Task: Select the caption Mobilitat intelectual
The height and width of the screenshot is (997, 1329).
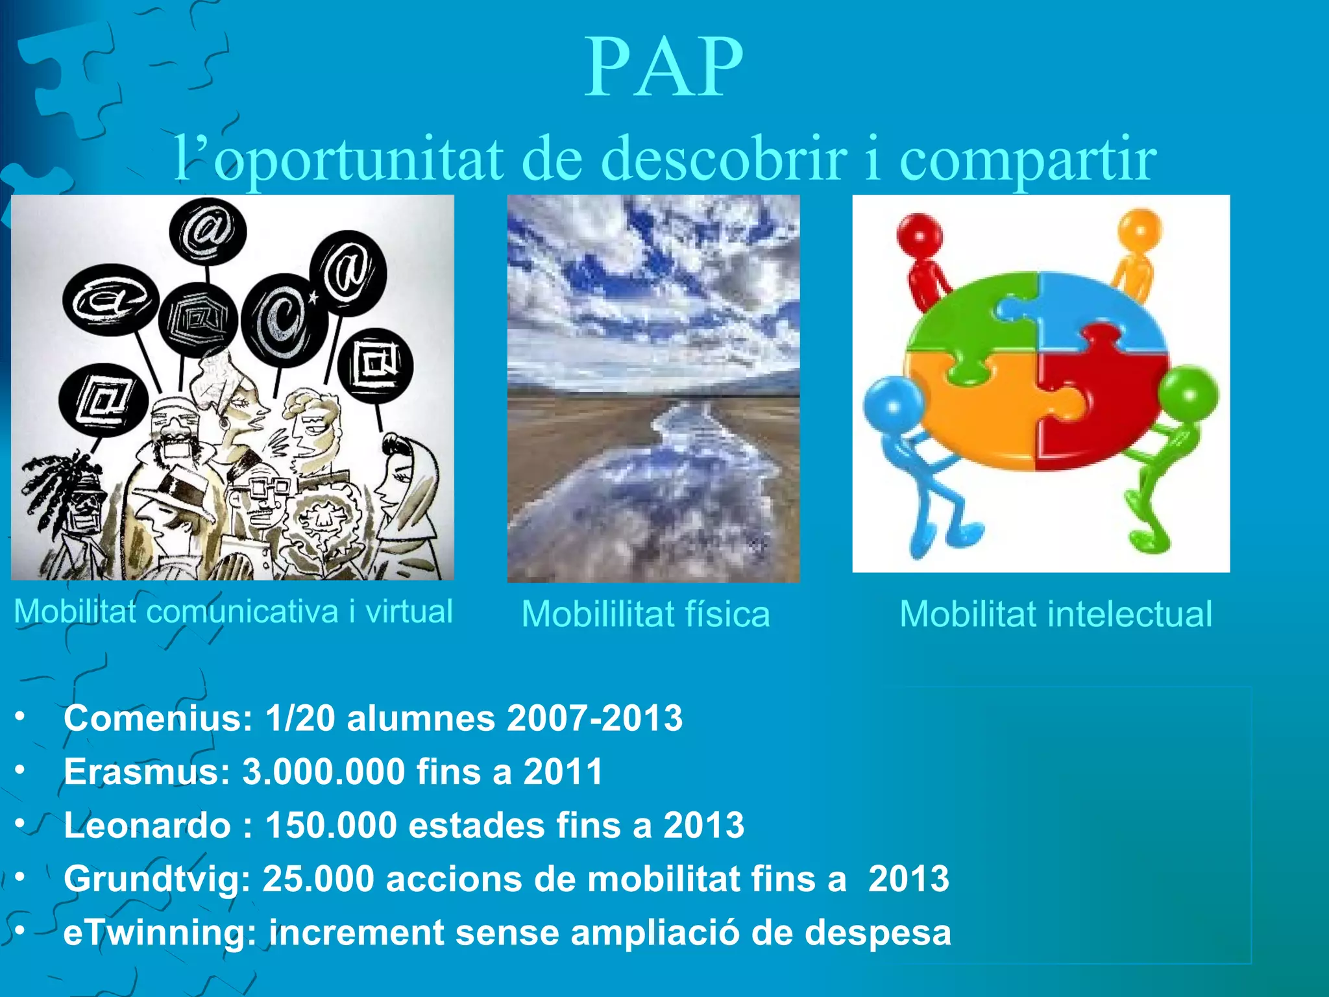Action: [x=1056, y=614]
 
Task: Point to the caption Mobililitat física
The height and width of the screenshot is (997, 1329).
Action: [x=646, y=614]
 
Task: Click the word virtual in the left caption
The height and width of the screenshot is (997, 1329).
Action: [x=409, y=611]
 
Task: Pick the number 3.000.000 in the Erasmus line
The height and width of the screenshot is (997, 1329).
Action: [x=324, y=772]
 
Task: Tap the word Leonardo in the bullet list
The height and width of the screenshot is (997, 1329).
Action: [x=147, y=825]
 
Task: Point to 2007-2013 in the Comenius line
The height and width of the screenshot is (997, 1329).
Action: [x=594, y=719]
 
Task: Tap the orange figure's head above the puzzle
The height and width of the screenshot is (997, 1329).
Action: [x=1140, y=228]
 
